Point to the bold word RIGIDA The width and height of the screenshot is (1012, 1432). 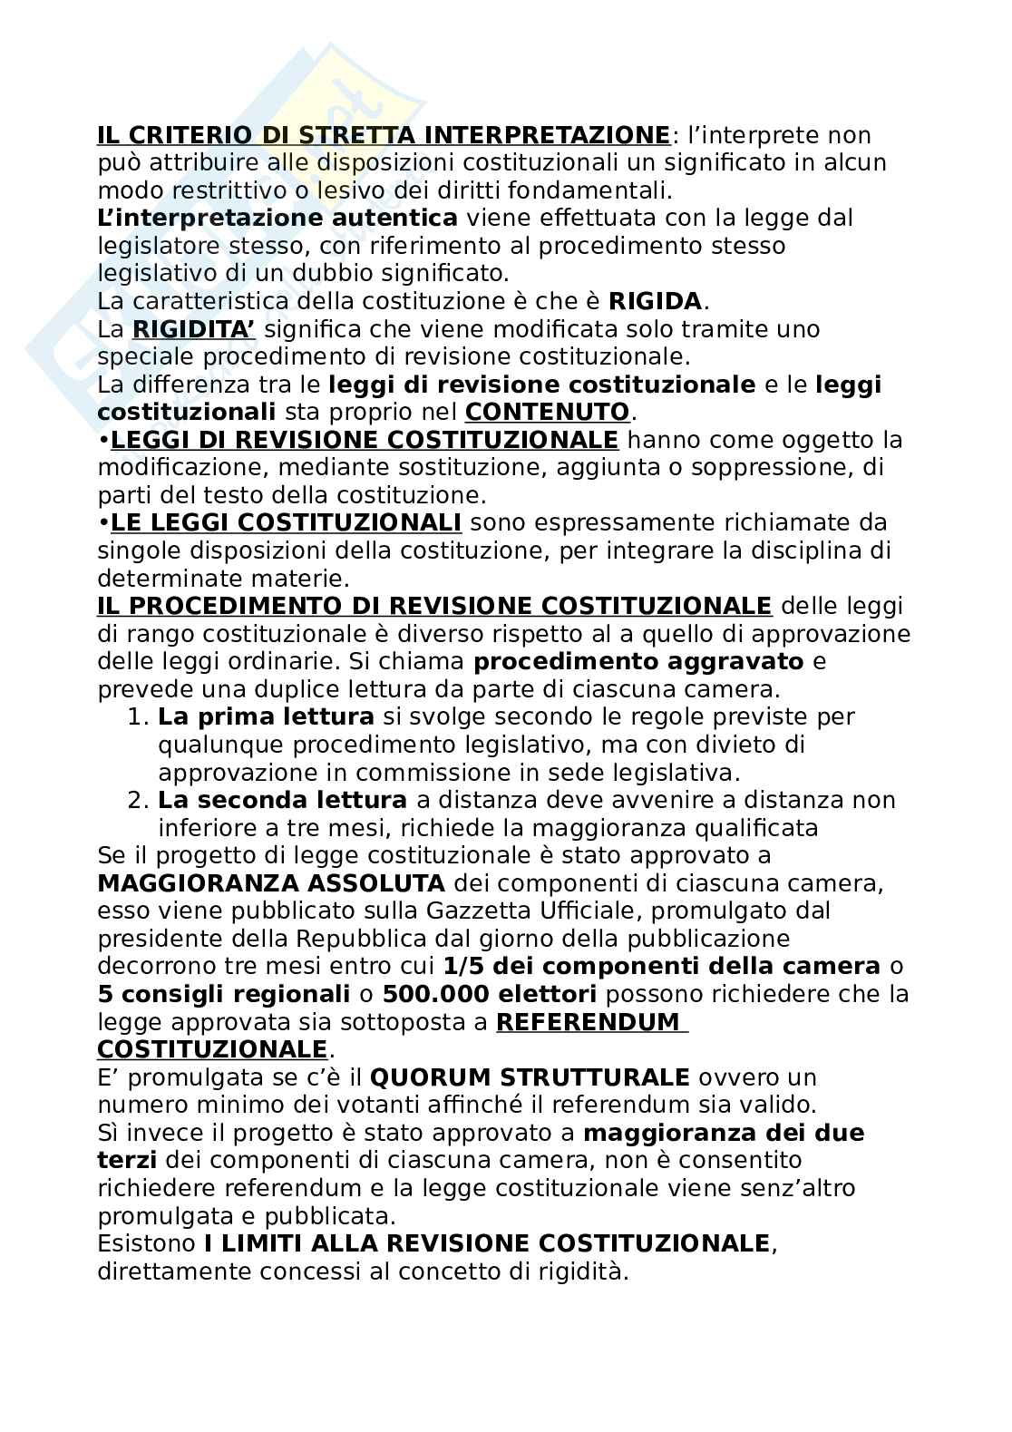pos(655,302)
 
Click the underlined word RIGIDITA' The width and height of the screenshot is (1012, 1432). pos(193,329)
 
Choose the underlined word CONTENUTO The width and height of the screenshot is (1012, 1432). pos(547,413)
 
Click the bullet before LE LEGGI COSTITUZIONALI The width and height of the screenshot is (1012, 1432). pos(103,523)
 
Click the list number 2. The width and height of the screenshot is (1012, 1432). pos(136,801)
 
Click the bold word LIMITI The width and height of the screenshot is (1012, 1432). pos(274,1243)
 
